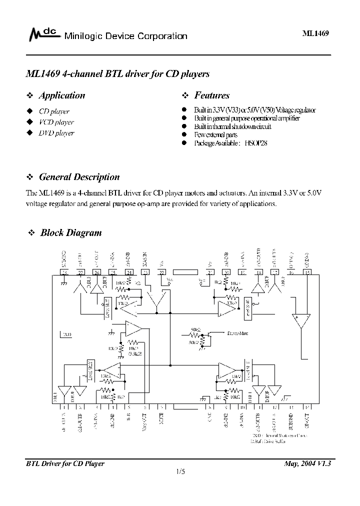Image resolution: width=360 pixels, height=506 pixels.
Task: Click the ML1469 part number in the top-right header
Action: pos(316,33)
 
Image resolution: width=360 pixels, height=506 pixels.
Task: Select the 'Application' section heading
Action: pos(61,95)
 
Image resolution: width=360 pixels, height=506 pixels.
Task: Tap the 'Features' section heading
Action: pos(211,95)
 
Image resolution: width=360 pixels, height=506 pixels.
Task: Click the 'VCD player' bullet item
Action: pos(56,122)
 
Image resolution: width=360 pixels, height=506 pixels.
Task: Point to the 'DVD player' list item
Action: pos(56,133)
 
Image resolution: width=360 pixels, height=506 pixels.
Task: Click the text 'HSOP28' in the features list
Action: pos(257,143)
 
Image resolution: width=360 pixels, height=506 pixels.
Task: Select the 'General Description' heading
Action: pos(79,177)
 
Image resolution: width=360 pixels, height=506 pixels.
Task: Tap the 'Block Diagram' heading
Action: pos(70,232)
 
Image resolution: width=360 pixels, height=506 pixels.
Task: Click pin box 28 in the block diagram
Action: pos(64,272)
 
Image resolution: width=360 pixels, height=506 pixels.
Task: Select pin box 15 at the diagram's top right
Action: pos(306,272)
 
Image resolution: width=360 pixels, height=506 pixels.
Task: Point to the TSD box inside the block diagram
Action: pos(66,334)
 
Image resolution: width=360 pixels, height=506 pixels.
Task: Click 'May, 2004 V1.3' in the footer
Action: pos(307,463)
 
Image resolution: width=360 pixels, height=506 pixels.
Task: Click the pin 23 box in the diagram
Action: pos(145,272)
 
